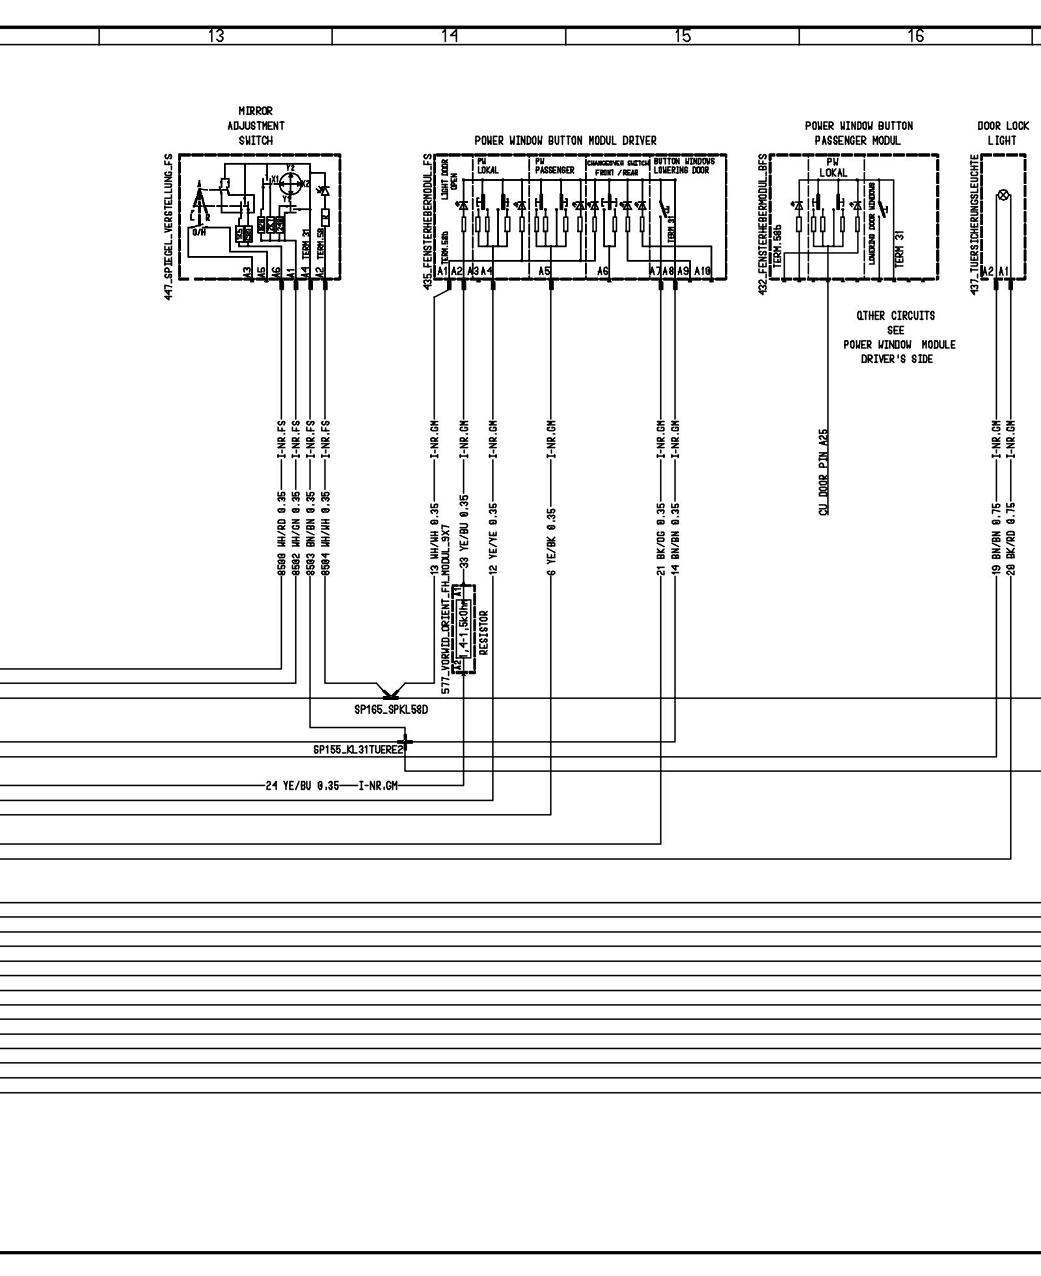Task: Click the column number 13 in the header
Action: [216, 36]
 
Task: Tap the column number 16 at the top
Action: [915, 36]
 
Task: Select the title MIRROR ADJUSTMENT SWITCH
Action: [256, 126]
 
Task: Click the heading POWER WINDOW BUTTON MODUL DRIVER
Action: [565, 141]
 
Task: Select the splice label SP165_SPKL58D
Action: [391, 710]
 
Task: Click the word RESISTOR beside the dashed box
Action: [483, 631]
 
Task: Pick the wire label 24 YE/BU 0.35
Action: [303, 786]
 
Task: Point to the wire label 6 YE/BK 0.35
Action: [551, 542]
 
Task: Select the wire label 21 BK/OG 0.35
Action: [660, 539]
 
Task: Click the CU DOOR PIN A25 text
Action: [824, 472]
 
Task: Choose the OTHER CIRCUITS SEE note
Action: [895, 323]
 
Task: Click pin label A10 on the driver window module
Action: [703, 271]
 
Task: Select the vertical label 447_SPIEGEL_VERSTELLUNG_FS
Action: [169, 226]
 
